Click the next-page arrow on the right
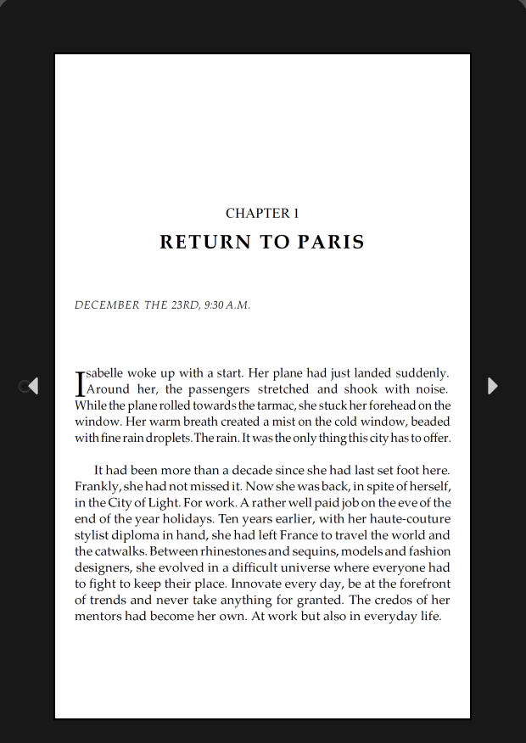tap(493, 386)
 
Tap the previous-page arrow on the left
tap(32, 386)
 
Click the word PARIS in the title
tap(331, 243)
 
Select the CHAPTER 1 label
tap(262, 214)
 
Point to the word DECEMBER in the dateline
tap(106, 305)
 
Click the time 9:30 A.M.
tap(227, 305)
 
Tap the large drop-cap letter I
tap(81, 383)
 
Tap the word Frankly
tap(97, 487)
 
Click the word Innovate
tap(260, 584)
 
